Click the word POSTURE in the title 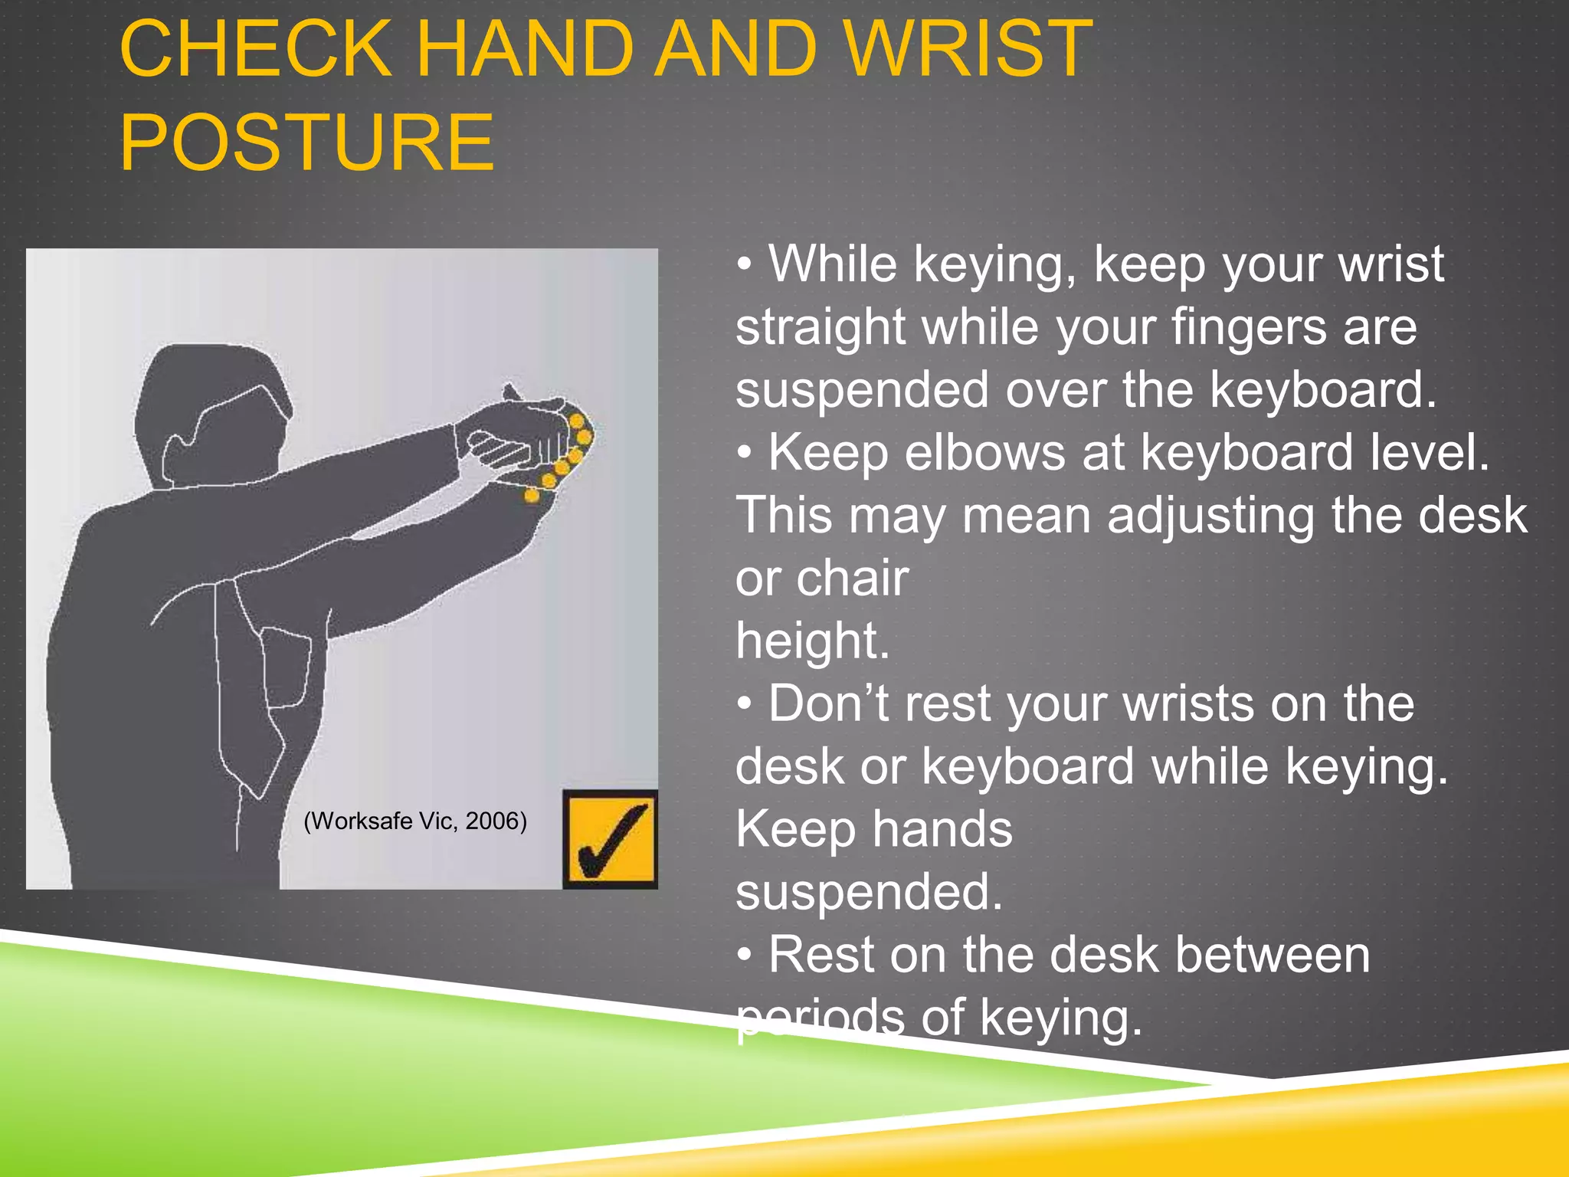(306, 143)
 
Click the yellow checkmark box (610, 840)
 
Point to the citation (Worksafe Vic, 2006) (415, 821)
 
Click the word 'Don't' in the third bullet (828, 703)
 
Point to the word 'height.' (812, 641)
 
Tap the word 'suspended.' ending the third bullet (869, 892)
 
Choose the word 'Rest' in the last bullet (822, 955)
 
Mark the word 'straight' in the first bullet (821, 328)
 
